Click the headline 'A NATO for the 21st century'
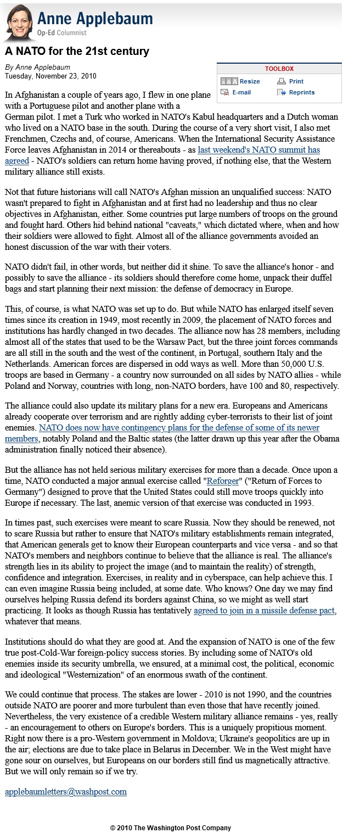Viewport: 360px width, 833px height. pos(77,52)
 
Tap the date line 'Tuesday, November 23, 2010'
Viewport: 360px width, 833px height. pos(50,75)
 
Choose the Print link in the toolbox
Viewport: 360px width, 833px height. pos(296,81)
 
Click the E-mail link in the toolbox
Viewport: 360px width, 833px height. pos(241,92)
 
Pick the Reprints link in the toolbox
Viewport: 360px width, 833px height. pos(301,92)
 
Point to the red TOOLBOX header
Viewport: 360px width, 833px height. pos(279,69)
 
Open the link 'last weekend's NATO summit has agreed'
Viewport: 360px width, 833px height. pos(258,150)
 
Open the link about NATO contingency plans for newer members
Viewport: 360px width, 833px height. pos(179,427)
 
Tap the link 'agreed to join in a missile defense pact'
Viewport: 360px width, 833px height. pos(265,611)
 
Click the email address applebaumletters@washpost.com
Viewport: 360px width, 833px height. pos(66,791)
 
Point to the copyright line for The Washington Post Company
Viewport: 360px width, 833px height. pos(170,828)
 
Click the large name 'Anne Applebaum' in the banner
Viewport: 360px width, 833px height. pos(95,20)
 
